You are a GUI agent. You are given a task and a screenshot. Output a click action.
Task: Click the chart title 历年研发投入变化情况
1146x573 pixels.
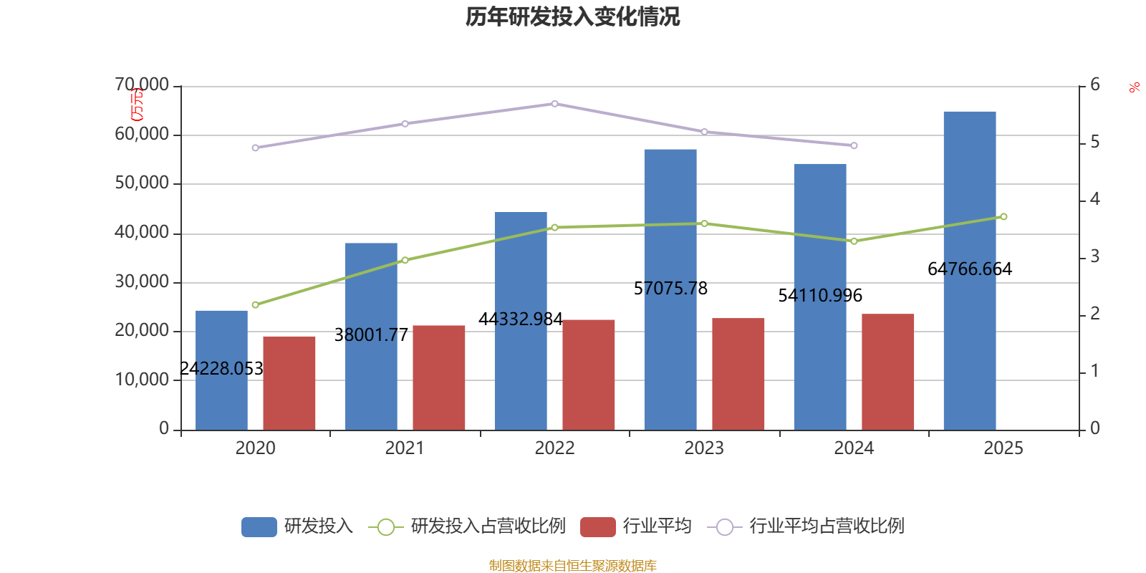click(572, 16)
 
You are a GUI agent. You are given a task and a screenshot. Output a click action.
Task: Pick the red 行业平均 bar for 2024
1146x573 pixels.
click(887, 372)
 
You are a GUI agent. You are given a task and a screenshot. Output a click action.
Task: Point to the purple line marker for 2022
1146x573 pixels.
click(554, 104)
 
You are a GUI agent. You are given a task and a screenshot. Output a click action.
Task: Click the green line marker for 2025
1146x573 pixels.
click(1003, 216)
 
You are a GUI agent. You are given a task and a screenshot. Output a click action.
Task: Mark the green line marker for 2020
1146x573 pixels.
click(256, 304)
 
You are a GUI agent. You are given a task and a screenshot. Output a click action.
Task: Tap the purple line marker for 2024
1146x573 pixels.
click(854, 145)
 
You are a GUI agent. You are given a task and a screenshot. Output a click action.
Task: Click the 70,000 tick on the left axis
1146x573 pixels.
click(142, 85)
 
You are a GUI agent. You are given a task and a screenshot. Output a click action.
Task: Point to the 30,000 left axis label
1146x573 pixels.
click(142, 281)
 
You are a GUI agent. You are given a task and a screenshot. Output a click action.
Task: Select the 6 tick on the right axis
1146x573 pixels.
click(1095, 85)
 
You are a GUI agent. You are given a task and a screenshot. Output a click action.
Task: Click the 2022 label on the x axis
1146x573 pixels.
click(554, 448)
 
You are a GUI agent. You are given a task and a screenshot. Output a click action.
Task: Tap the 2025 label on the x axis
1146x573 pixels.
click(1003, 448)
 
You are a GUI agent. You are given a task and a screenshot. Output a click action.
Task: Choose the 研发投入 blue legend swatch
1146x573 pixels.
click(259, 526)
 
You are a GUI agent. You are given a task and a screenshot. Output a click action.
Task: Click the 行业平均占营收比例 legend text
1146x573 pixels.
click(827, 526)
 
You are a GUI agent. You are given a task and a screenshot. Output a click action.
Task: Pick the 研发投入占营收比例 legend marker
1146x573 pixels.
click(385, 526)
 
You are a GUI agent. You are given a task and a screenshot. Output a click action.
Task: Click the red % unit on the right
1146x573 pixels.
click(1134, 88)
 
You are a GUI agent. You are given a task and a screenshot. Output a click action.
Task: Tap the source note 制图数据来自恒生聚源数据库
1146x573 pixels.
click(572, 566)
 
